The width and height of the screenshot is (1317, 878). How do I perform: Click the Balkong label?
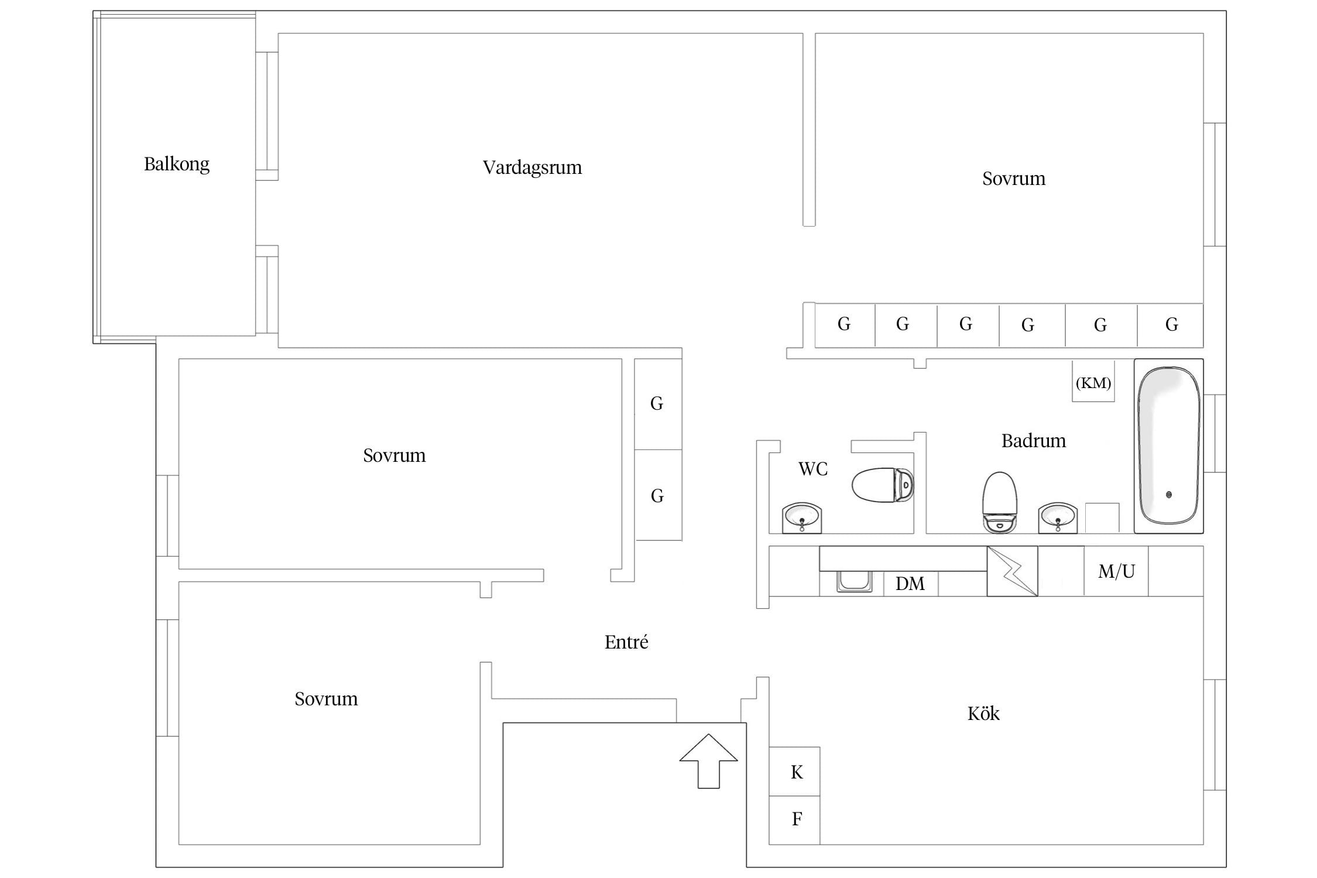pyautogui.click(x=177, y=164)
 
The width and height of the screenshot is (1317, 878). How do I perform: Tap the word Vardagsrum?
pyautogui.click(x=532, y=168)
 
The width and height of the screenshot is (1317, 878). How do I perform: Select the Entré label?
pyautogui.click(x=626, y=642)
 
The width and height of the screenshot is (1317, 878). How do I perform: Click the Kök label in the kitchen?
pyautogui.click(x=983, y=714)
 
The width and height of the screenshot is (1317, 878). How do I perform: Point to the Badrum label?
pyautogui.click(x=1034, y=441)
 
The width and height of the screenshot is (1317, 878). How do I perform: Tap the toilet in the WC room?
pyautogui.click(x=883, y=485)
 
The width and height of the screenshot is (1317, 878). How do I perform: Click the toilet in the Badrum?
pyautogui.click(x=1000, y=502)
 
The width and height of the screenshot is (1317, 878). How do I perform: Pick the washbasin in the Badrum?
pyautogui.click(x=1058, y=518)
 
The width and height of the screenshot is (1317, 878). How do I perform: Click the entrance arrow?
pyautogui.click(x=708, y=761)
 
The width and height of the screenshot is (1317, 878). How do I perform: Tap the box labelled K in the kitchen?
pyautogui.click(x=794, y=771)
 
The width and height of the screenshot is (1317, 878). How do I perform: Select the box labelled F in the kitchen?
pyautogui.click(x=794, y=820)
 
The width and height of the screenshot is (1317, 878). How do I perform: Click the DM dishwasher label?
pyautogui.click(x=910, y=584)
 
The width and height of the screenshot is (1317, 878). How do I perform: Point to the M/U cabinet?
pyautogui.click(x=1116, y=571)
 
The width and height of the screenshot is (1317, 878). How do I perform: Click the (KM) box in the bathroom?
pyautogui.click(x=1093, y=381)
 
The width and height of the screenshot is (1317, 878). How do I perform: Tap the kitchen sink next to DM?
pyautogui.click(x=855, y=581)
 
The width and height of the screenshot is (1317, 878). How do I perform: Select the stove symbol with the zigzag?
pyautogui.click(x=1013, y=571)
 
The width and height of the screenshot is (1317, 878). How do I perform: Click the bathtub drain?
pyautogui.click(x=1169, y=495)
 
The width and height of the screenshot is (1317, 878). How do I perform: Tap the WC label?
pyautogui.click(x=813, y=469)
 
